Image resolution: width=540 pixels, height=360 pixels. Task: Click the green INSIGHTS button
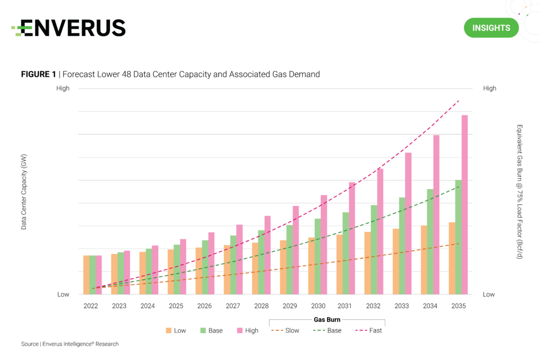pos(491,28)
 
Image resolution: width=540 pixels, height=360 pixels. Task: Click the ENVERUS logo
pos(69,28)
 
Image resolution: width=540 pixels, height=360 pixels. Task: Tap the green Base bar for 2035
pos(458,237)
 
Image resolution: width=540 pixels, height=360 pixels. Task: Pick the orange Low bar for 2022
pos(86,275)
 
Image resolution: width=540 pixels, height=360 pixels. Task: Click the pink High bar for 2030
pos(324,245)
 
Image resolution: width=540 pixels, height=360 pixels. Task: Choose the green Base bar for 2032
pos(374,249)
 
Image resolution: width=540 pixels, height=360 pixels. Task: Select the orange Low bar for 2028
pos(255,268)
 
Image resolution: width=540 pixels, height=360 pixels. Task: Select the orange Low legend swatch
pos(169,330)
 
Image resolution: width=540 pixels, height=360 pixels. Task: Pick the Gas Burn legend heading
pos(327,319)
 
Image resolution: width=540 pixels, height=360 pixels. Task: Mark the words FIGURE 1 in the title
pos(38,74)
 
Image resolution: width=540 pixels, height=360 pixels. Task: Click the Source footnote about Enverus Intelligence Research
pos(70,344)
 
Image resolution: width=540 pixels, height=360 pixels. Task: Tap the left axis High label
pos(63,89)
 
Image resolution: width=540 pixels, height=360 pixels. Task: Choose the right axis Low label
pos(489,295)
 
